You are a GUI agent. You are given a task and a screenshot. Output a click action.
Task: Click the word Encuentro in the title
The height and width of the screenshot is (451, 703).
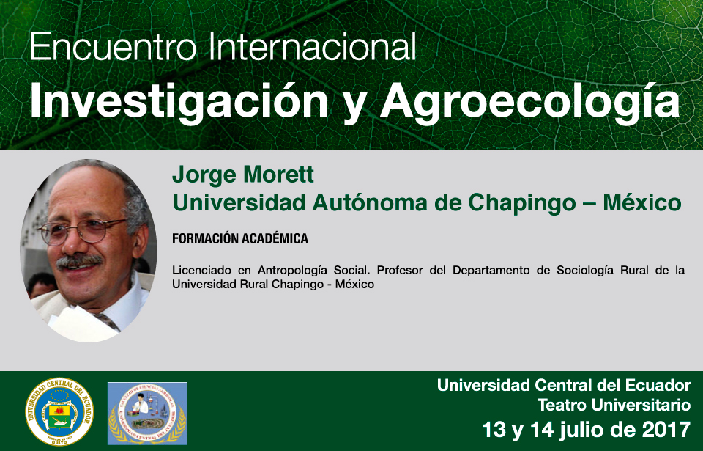point(113,47)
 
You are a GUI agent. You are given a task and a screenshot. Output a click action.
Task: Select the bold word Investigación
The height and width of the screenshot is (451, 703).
point(179,101)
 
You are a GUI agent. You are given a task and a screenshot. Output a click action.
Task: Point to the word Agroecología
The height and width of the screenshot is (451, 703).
point(530,101)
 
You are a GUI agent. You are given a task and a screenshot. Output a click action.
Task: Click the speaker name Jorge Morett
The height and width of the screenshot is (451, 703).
point(243,175)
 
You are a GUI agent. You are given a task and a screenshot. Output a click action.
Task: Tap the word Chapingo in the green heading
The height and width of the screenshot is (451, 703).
point(522,203)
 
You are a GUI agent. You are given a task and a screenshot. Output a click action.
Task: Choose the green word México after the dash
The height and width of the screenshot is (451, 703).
point(642,202)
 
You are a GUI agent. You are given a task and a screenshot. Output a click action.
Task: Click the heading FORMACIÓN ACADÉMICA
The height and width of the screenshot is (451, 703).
point(240,238)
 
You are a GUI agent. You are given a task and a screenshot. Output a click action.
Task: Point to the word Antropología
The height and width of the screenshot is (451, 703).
point(292,271)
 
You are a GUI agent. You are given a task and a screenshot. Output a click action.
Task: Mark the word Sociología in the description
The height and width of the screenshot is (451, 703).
point(585,271)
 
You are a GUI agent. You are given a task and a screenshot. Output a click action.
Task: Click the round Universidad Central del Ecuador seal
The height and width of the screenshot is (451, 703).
point(59,412)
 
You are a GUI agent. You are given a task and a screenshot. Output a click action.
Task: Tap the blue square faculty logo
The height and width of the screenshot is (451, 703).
point(147,414)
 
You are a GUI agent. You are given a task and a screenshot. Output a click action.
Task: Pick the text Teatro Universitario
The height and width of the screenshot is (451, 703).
point(614,406)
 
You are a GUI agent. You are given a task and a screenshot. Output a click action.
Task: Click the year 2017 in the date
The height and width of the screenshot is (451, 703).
point(666,430)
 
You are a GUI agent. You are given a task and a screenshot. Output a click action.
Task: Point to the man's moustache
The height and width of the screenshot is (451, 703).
point(79,260)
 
